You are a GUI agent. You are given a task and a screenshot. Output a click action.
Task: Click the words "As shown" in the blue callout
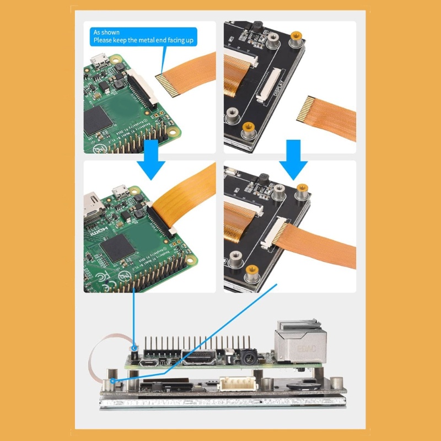[x=106, y=33]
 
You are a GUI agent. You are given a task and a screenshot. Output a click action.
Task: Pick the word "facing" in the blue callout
[x=175, y=40]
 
